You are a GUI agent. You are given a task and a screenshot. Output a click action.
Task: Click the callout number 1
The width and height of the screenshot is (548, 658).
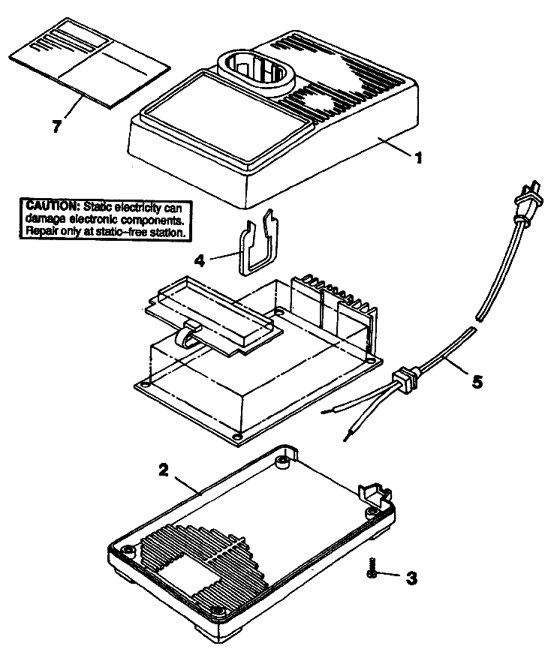(419, 158)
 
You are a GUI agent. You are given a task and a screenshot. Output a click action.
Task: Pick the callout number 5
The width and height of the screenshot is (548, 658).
(477, 380)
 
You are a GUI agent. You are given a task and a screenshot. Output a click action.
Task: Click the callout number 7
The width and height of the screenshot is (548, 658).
(56, 125)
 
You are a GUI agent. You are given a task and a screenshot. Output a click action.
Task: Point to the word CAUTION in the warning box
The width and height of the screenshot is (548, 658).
(52, 206)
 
